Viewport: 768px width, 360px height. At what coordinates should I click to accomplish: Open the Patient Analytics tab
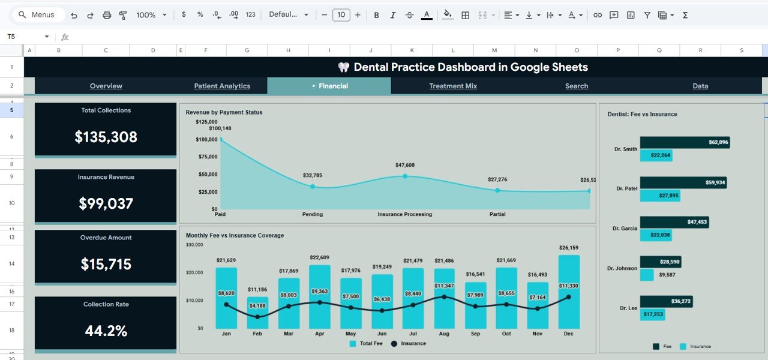(222, 86)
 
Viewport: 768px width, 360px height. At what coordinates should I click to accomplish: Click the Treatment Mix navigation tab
(453, 86)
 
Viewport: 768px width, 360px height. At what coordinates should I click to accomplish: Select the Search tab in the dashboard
(577, 86)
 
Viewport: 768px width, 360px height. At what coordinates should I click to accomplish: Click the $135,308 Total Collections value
(106, 137)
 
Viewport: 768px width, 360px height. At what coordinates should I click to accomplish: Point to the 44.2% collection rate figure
(106, 331)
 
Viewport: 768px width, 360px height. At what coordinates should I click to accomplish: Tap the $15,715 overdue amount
(106, 264)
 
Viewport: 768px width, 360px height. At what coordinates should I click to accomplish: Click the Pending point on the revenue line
(313, 187)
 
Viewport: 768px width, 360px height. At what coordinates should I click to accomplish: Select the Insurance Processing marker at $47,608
(405, 176)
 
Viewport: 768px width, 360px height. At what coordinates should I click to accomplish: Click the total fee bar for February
(257, 313)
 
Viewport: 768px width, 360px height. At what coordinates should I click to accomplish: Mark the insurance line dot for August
(444, 297)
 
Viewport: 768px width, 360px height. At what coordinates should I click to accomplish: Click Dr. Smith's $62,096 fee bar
(685, 142)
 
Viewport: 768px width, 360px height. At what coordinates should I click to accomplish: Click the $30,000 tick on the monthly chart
(194, 245)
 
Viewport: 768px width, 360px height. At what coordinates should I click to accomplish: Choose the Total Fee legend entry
(365, 344)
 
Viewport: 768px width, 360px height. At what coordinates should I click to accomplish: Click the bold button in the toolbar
(377, 15)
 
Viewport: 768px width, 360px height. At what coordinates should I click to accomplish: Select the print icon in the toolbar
(107, 15)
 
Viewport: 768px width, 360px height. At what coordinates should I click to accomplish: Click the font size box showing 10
(341, 15)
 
